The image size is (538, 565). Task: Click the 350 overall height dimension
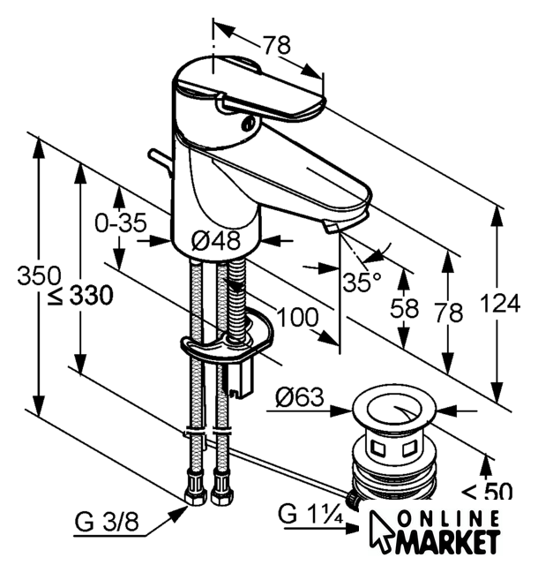(39, 276)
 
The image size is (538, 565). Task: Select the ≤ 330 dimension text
(80, 297)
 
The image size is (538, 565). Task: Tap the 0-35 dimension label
(121, 222)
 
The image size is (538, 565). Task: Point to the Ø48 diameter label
(215, 240)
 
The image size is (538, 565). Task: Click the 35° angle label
(362, 282)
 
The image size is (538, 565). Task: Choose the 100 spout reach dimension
(297, 318)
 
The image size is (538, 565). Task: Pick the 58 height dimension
(405, 307)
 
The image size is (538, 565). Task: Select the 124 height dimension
(501, 303)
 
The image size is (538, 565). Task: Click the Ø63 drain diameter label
(300, 397)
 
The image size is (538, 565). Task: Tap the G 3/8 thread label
(107, 522)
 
